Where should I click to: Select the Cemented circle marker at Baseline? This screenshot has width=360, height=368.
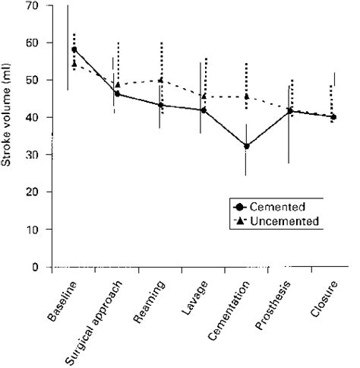click(74, 50)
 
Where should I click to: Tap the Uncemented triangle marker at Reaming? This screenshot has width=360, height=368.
click(160, 80)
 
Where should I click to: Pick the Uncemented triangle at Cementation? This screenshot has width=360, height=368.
click(247, 97)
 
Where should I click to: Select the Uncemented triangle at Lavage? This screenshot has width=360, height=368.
click(204, 96)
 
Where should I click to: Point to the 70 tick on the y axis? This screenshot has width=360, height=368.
click(31, 5)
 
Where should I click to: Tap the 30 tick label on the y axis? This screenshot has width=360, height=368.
click(31, 155)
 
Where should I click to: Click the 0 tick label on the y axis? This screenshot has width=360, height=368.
click(34, 267)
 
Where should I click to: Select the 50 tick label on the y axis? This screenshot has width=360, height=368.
click(31, 80)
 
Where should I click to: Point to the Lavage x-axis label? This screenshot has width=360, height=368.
click(191, 296)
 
